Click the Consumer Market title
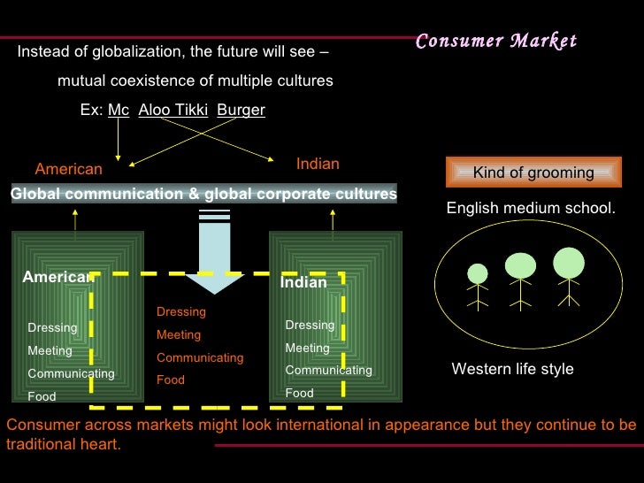point(495,41)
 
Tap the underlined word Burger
point(241,111)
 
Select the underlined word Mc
point(119,111)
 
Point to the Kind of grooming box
point(533,172)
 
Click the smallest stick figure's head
point(478,273)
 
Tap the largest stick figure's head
point(569,262)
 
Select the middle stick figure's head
point(520,265)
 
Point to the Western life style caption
point(512,369)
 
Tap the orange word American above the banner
point(68,169)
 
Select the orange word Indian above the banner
point(318,165)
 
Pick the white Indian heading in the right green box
point(303,283)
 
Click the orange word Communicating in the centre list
point(200,357)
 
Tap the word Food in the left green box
point(42,396)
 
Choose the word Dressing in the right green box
point(310,325)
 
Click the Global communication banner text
point(203,195)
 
